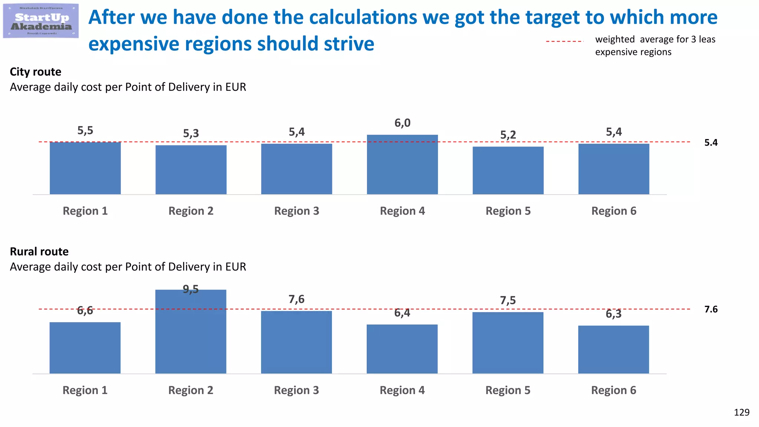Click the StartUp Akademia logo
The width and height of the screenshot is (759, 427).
41,21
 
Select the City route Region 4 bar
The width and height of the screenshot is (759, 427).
402,165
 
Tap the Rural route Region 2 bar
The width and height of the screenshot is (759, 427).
190,332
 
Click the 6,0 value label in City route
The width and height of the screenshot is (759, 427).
402,123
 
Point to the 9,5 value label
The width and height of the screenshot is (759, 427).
190,289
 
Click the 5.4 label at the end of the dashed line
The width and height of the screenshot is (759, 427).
710,143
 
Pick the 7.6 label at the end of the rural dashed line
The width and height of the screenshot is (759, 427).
710,310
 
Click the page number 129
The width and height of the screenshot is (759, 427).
741,413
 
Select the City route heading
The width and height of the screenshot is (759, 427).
36,72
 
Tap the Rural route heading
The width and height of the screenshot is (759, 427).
39,252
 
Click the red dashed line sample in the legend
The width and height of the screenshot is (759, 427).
564,41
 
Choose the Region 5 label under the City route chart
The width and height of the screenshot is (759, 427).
508,211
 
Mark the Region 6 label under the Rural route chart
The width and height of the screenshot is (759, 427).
613,390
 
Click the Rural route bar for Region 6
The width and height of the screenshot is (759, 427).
613,350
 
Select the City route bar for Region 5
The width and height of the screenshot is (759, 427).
508,171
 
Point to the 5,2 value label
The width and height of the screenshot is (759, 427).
508,135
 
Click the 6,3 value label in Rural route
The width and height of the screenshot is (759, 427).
613,314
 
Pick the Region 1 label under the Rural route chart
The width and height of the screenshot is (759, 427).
85,390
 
